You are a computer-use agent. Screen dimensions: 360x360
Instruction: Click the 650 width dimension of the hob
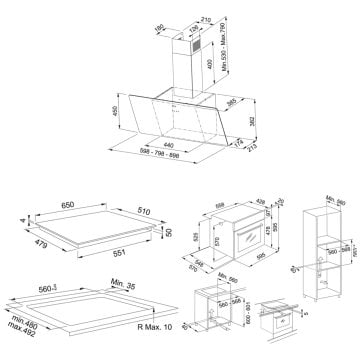point(65,204)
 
